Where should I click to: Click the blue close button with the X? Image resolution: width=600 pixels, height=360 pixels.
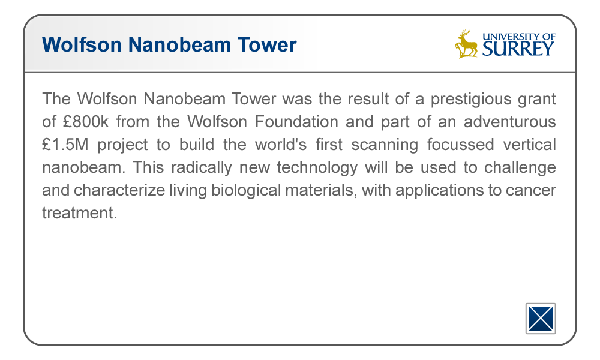pyautogui.click(x=541, y=318)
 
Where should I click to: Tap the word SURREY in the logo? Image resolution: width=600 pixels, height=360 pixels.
pyautogui.click(x=518, y=49)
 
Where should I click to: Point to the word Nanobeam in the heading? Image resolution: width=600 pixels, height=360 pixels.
pyautogui.click(x=179, y=44)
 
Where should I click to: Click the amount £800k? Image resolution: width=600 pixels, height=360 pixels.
pyautogui.click(x=86, y=122)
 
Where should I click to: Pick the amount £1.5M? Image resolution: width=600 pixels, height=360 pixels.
pyautogui.click(x=65, y=145)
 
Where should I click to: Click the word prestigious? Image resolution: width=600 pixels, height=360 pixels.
pyautogui.click(x=471, y=100)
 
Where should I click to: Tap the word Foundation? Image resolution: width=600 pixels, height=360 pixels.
pyautogui.click(x=296, y=122)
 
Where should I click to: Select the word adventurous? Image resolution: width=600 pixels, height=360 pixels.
pyautogui.click(x=509, y=122)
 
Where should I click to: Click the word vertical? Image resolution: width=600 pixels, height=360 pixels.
pyautogui.click(x=529, y=145)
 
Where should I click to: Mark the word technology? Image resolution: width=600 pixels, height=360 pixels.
pyautogui.click(x=317, y=168)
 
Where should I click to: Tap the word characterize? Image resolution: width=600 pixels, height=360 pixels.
pyautogui.click(x=119, y=190)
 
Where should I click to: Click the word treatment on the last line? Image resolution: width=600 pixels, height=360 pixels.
pyautogui.click(x=79, y=213)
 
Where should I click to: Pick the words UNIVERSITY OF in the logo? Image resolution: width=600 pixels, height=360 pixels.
pyautogui.click(x=518, y=37)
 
